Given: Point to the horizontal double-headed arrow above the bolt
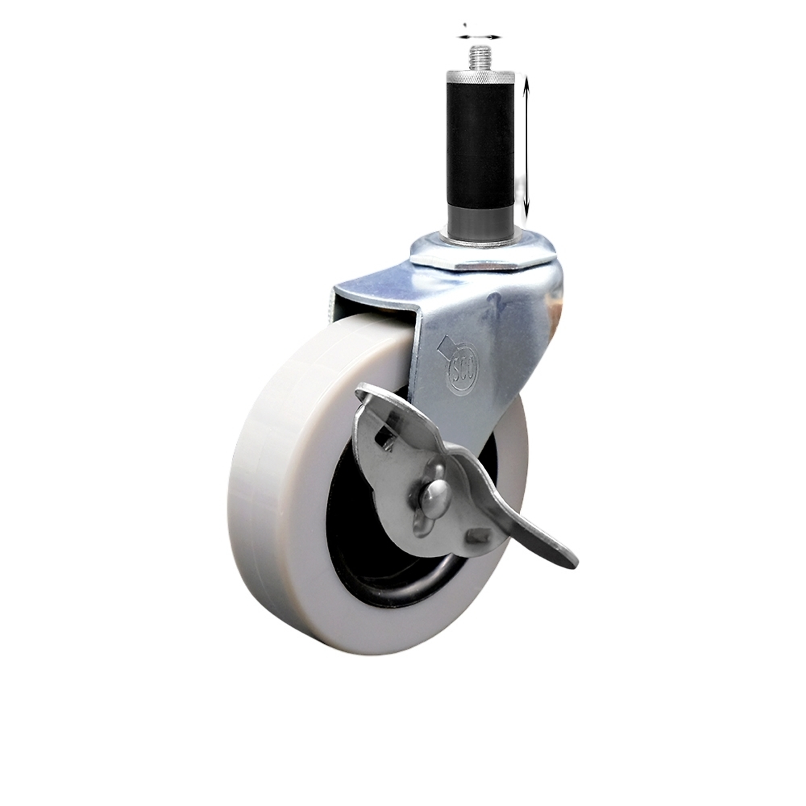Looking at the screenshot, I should (x=479, y=37).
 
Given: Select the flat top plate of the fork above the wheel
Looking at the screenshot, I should (x=376, y=288).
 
